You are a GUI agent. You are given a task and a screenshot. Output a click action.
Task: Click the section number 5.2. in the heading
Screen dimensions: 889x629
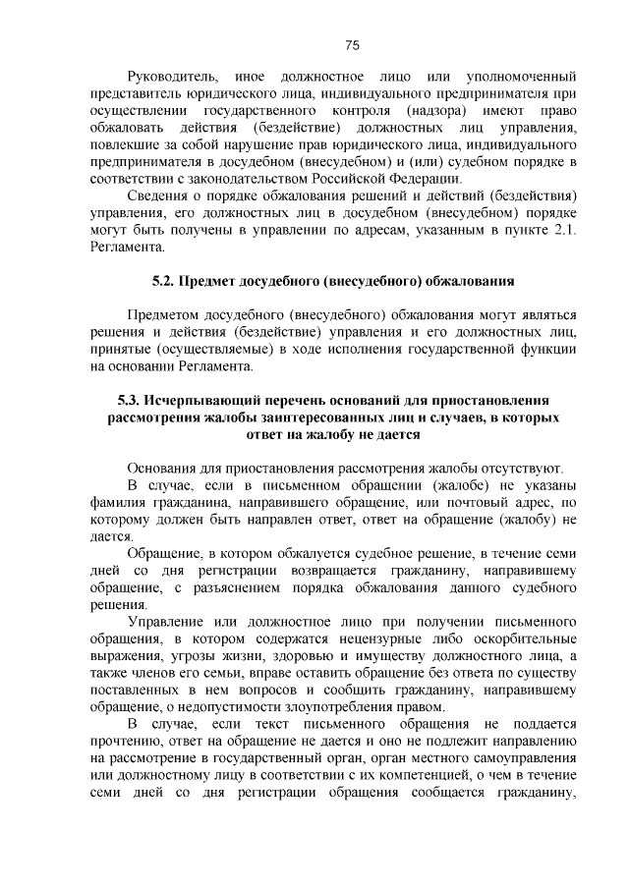[x=169, y=281]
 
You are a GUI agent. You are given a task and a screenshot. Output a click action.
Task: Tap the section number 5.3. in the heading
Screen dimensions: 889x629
[x=130, y=400]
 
